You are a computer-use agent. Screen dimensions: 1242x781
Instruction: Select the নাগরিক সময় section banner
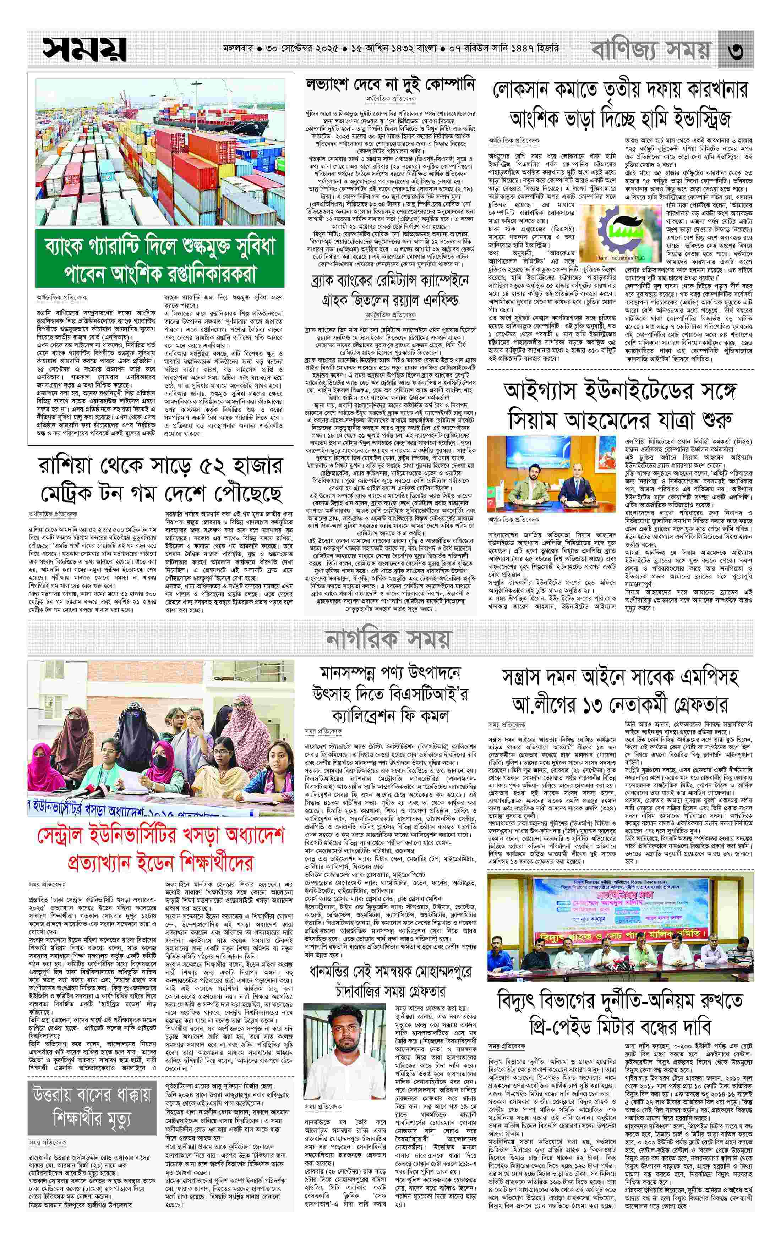click(x=390, y=639)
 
